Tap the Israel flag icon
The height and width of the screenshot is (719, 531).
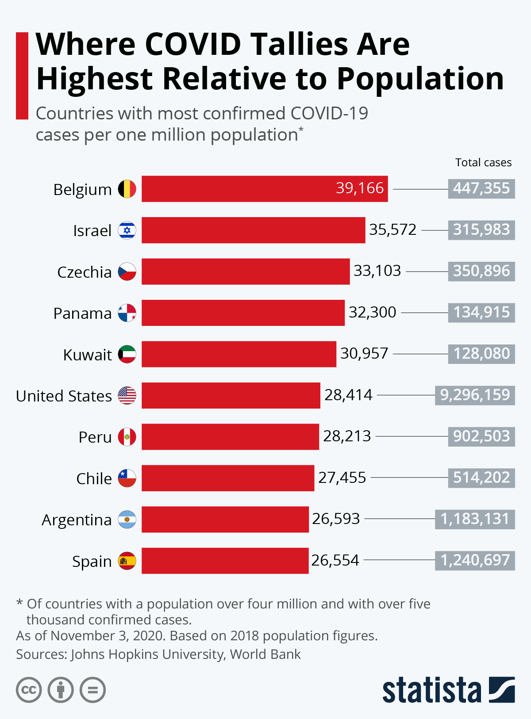point(127,230)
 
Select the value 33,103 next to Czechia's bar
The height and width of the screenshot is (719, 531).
point(377,271)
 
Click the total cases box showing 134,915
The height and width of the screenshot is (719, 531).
point(481,312)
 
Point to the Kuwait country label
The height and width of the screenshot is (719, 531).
point(87,355)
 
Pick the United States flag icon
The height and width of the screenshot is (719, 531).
point(127,395)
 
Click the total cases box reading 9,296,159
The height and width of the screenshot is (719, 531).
point(475,394)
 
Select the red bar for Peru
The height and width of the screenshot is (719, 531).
point(230,437)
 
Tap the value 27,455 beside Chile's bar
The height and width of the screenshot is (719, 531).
point(342,478)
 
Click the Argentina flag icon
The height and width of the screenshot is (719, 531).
point(127,520)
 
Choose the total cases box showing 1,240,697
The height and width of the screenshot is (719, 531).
point(475,560)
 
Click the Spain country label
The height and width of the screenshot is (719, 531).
point(92,561)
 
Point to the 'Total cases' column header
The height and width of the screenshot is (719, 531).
point(483,162)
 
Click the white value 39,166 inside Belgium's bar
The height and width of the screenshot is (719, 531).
point(359,188)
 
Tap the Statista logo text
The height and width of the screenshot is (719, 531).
point(431,690)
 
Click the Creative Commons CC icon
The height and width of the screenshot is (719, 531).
point(29,690)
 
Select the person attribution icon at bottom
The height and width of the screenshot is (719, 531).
point(61,690)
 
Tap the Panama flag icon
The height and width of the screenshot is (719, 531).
point(127,313)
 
